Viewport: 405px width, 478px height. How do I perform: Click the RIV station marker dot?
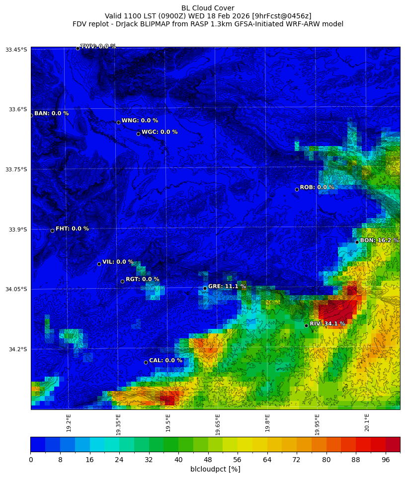coord(306,325)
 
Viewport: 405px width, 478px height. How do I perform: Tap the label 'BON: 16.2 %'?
coord(379,240)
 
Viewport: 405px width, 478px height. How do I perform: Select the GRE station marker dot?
coord(205,288)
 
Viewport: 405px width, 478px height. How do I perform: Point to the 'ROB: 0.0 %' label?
coord(317,187)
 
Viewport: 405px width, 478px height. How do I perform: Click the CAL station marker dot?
coord(146,362)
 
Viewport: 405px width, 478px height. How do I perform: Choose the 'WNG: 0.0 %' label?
coord(140,121)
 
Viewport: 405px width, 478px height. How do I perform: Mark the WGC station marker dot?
coord(138,134)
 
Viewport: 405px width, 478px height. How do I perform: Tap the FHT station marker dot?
coord(52,231)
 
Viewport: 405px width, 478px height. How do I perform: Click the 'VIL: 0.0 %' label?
coord(118,262)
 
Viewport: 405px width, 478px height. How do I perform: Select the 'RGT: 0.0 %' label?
coord(142,279)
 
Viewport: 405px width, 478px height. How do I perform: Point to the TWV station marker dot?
coord(78,48)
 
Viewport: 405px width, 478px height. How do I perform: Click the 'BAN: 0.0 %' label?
coord(51,113)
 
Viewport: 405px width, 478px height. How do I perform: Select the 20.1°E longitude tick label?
coord(367,422)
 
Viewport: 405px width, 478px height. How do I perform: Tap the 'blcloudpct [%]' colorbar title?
coord(215,469)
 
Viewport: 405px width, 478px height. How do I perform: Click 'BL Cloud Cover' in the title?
coord(208,8)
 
